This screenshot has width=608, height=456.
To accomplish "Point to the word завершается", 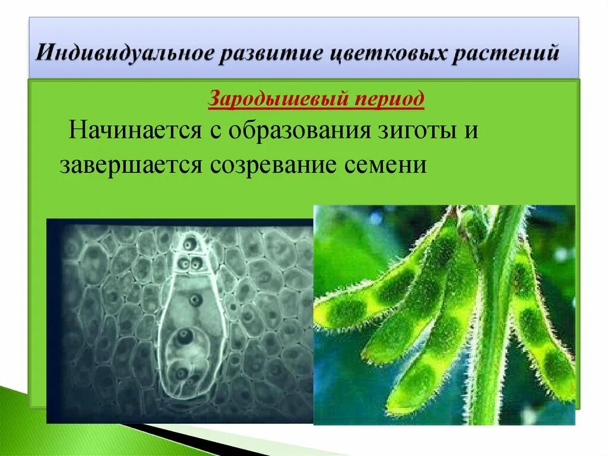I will [129, 163].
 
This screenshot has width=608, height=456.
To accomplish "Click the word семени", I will [387, 163].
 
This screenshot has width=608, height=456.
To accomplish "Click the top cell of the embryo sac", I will [189, 244].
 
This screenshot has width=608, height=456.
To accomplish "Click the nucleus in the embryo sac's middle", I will [194, 301].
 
